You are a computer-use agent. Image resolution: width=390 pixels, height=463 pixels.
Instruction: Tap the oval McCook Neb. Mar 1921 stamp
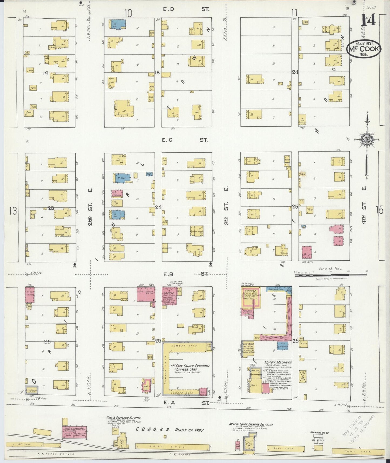point(364,49)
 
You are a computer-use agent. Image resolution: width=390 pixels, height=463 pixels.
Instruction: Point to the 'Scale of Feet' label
point(330,269)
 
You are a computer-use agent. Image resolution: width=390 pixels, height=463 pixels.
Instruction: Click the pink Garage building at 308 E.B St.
point(169,296)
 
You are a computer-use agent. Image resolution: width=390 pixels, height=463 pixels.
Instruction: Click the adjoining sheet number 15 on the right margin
point(380,210)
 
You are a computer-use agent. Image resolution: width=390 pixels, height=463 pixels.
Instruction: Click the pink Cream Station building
point(150,294)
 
